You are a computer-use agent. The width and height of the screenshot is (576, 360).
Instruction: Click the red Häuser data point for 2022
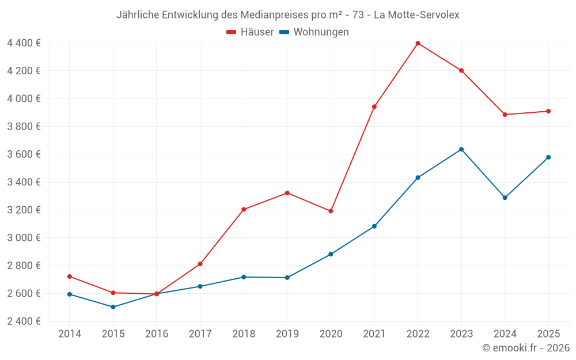coord(418,43)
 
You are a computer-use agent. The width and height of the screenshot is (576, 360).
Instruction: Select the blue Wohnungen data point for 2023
coord(461,149)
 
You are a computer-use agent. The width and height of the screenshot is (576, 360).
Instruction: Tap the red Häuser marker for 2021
coord(374,107)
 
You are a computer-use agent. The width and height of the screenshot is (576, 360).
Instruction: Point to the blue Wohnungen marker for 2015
coord(113,307)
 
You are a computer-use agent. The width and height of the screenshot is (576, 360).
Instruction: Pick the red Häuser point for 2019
coord(287,193)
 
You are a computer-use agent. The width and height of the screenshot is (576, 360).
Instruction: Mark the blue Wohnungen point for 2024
coord(505,198)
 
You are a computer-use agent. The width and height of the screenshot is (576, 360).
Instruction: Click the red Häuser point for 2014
coord(70,276)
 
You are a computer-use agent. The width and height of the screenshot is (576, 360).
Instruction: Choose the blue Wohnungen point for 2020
coord(331,254)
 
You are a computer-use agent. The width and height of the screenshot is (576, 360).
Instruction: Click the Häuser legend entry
coord(250,32)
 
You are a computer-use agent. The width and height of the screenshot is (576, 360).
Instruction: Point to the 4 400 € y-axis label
coord(24,43)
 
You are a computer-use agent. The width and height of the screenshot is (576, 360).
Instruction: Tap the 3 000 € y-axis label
coord(24,237)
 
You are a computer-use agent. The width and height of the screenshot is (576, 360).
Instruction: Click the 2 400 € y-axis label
coord(24,321)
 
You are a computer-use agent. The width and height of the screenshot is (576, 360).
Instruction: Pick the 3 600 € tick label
coord(24,154)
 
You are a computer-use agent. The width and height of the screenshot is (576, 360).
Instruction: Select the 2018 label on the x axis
coord(244,334)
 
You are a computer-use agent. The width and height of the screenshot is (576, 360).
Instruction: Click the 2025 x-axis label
coord(548,334)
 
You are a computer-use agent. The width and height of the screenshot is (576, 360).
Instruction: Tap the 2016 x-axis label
coord(157,334)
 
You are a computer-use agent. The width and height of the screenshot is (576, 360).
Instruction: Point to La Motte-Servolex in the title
coord(416,15)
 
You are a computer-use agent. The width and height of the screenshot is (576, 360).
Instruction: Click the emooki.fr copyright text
coord(526,348)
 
